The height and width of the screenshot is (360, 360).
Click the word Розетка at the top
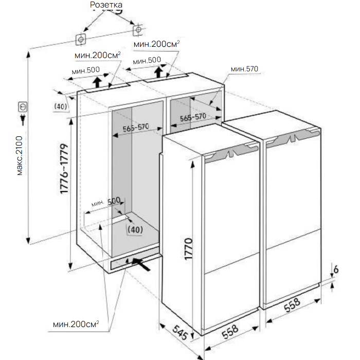(x=106, y=5)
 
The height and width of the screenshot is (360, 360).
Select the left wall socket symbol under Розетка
(x=81, y=40)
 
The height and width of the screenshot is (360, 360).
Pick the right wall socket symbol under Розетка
(x=138, y=30)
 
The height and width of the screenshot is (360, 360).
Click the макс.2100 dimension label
(x=20, y=156)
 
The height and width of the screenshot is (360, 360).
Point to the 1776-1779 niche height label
(x=64, y=169)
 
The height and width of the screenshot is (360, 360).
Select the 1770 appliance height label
(x=189, y=249)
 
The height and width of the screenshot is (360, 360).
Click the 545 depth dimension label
(x=180, y=332)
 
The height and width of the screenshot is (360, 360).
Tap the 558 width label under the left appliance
(x=230, y=331)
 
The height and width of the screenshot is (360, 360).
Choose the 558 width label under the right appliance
(x=292, y=305)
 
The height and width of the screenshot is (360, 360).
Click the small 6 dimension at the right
(x=336, y=269)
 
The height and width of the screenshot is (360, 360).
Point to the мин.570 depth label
(x=244, y=68)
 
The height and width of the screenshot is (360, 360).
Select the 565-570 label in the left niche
(x=136, y=128)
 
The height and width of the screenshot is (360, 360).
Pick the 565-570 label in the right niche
(x=193, y=117)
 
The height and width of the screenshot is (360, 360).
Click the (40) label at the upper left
(x=61, y=106)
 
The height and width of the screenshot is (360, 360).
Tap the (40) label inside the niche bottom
(x=135, y=229)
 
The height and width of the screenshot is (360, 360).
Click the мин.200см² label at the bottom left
(x=76, y=324)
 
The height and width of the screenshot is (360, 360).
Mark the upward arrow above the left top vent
(x=98, y=82)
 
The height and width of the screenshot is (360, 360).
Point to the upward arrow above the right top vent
(x=158, y=72)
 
